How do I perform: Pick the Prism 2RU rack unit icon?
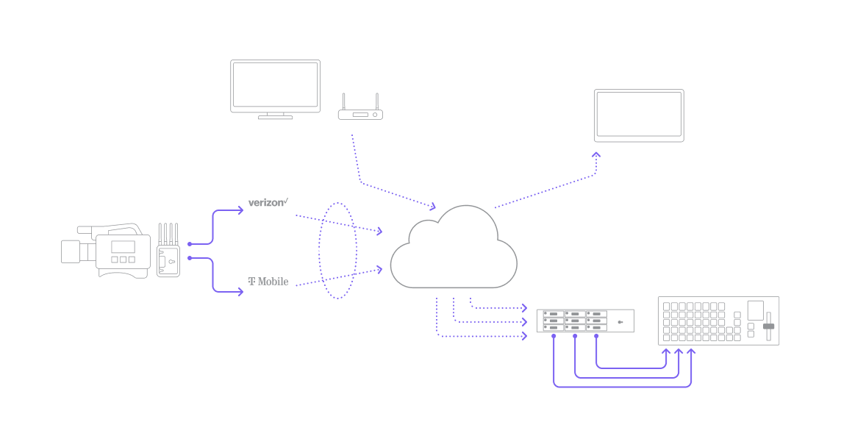[x=585, y=321]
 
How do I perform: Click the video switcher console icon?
[x=718, y=321]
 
